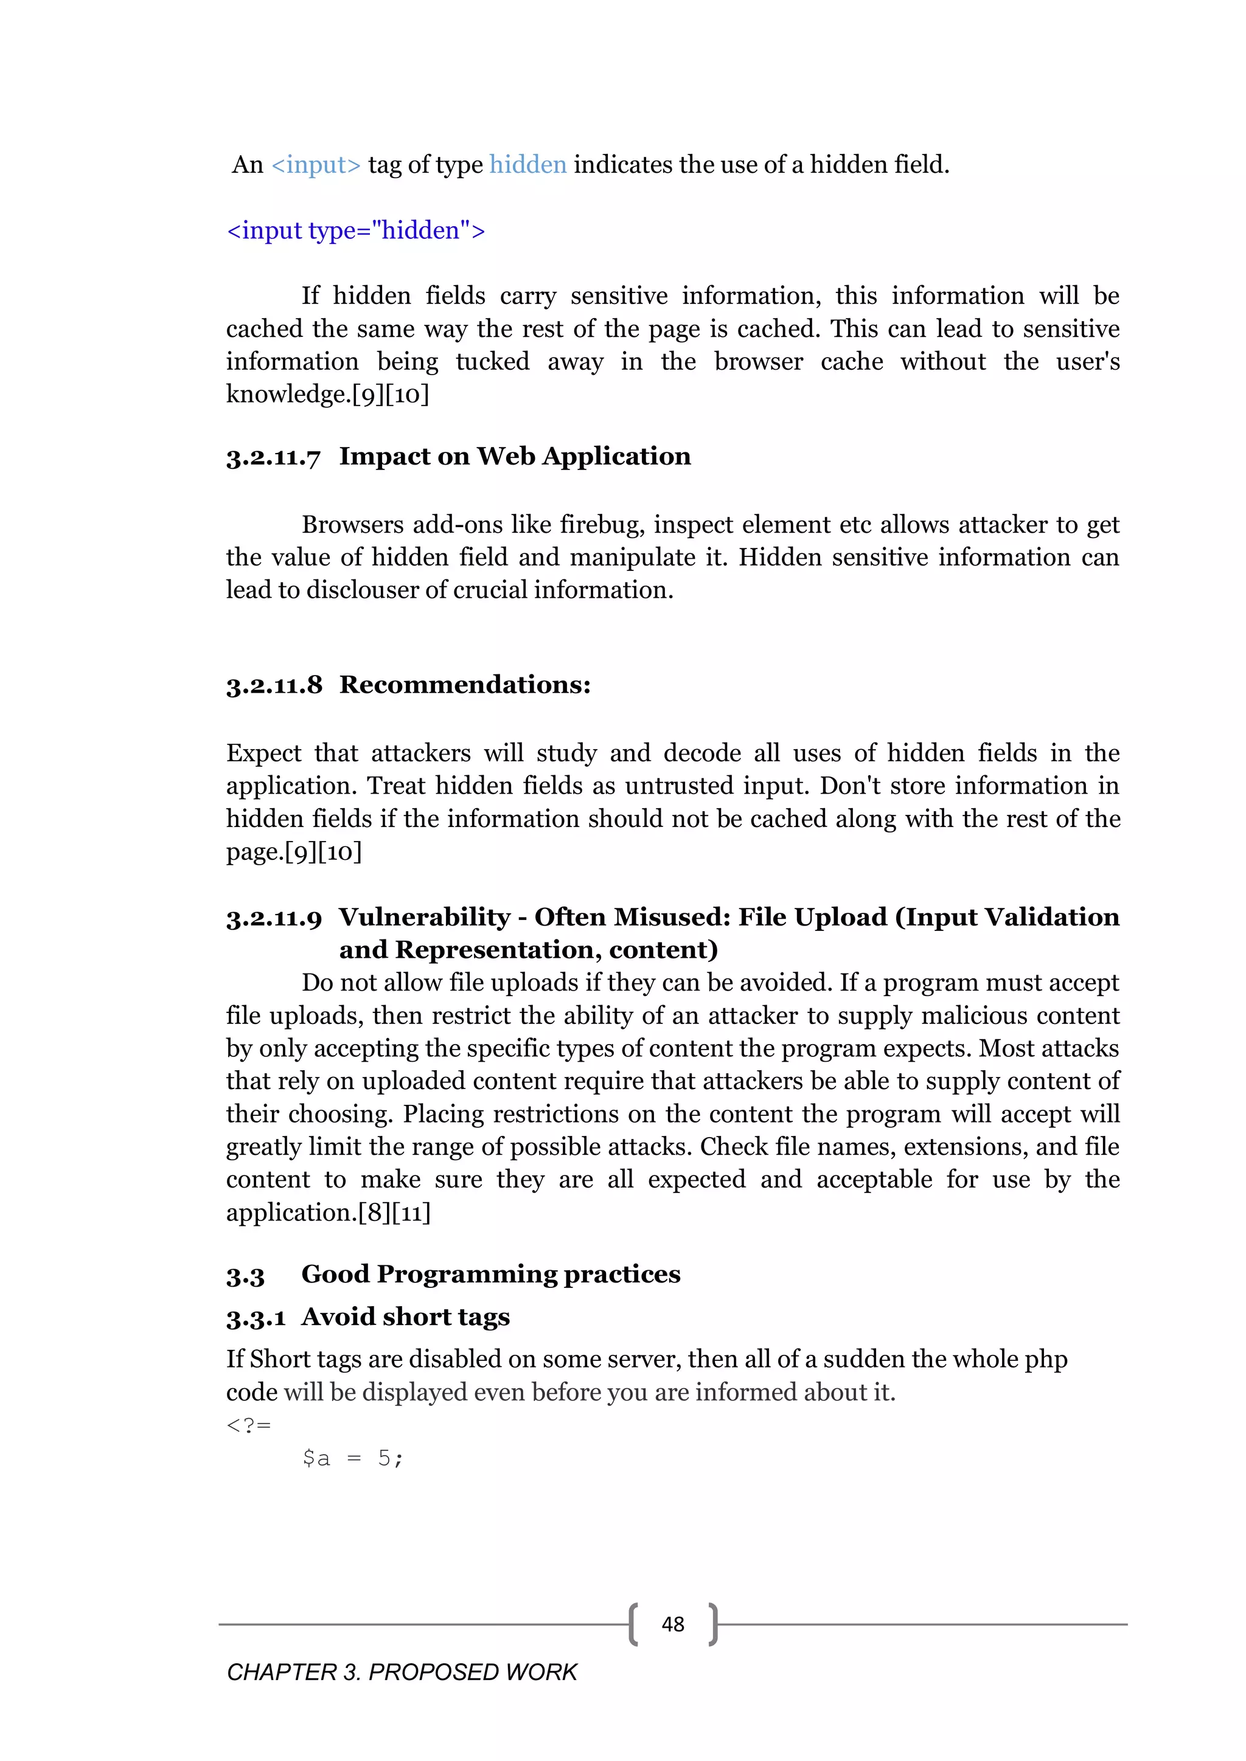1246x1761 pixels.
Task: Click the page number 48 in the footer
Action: coord(672,1624)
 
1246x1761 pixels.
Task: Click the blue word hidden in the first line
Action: coord(528,165)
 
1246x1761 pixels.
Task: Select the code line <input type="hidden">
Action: coord(356,231)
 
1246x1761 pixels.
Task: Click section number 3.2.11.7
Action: coord(273,457)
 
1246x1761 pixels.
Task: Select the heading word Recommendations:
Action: coord(465,685)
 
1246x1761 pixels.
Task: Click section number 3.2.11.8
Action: coord(274,685)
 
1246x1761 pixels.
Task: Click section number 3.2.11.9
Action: coord(274,918)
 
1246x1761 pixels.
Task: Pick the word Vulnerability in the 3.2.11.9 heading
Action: coord(424,918)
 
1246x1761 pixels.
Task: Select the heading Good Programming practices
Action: coord(490,1274)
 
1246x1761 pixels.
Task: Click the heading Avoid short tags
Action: coord(405,1317)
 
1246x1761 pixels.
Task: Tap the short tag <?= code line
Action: coord(249,1425)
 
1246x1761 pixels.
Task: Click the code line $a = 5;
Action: coord(352,1458)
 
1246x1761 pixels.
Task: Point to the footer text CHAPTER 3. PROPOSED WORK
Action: coord(402,1672)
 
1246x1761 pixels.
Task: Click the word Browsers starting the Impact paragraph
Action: coord(352,525)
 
